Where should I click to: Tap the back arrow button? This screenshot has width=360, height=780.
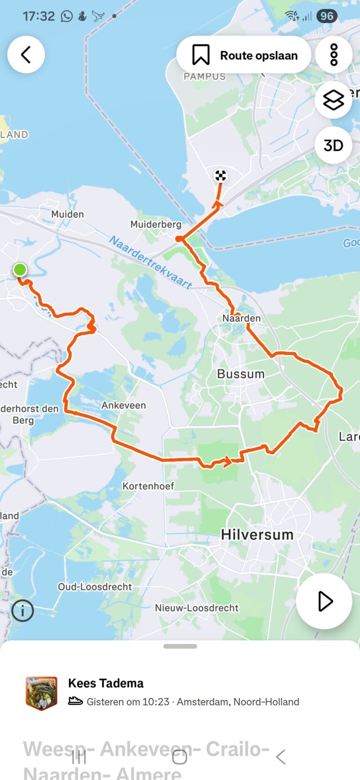[26, 55]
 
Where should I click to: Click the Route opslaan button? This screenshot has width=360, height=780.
[244, 55]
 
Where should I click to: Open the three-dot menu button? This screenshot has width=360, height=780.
[334, 55]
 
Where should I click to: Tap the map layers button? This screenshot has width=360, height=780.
[333, 100]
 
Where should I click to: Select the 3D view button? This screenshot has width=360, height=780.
[333, 145]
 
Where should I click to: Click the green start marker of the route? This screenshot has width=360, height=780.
[20, 270]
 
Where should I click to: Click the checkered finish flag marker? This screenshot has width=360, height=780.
[220, 176]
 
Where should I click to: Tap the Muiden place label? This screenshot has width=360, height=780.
[67, 214]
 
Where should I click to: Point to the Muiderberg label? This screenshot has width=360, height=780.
[156, 225]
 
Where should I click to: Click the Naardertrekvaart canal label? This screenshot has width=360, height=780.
[150, 262]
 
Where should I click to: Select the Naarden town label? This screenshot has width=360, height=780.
[241, 318]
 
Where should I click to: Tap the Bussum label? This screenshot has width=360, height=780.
[241, 374]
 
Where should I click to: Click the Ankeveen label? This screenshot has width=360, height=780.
[124, 405]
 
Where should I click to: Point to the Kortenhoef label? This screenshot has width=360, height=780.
[148, 486]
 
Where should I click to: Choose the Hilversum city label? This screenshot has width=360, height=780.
[257, 534]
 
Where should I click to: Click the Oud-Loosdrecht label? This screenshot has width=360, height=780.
[95, 587]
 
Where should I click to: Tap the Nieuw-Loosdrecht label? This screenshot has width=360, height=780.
[197, 608]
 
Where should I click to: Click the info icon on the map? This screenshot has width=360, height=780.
[22, 611]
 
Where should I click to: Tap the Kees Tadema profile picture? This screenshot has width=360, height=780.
[42, 693]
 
